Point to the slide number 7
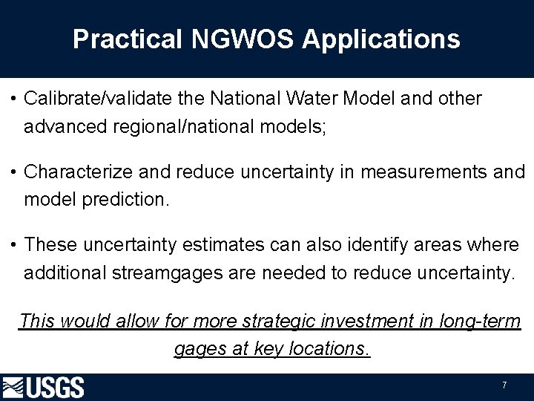click(504, 385)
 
